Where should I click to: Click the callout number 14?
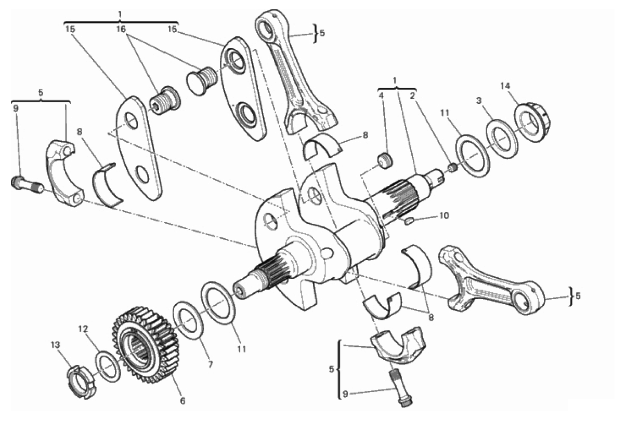pyautogui.click(x=505, y=86)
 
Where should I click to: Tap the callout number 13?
pyautogui.click(x=55, y=345)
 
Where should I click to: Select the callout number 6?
pyautogui.click(x=182, y=401)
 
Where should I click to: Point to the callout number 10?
pyautogui.click(x=444, y=215)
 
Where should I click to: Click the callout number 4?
pyautogui.click(x=381, y=96)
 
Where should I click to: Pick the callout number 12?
pyautogui.click(x=83, y=329)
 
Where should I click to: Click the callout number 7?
pyautogui.click(x=210, y=364)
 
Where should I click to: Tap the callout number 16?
pyautogui.click(x=121, y=29)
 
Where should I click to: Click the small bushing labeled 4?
pyautogui.click(x=385, y=161)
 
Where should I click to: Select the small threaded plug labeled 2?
pyautogui.click(x=453, y=168)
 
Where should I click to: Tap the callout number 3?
pyautogui.click(x=479, y=101)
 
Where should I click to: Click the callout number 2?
pyautogui.click(x=412, y=96)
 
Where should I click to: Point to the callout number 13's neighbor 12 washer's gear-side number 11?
pyautogui.click(x=241, y=349)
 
